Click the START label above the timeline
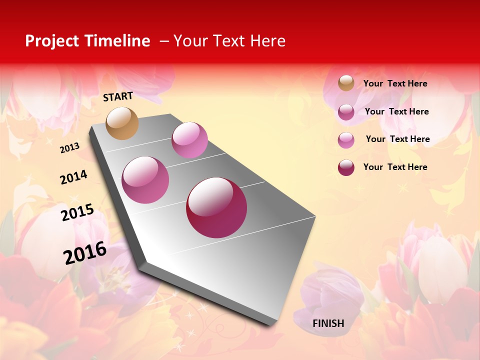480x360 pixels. (x=118, y=96)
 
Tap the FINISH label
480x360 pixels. (x=328, y=323)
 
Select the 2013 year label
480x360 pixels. (x=69, y=148)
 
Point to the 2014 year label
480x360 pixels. (x=73, y=177)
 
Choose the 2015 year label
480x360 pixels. (x=77, y=212)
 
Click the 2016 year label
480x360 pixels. (x=85, y=252)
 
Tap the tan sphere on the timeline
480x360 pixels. (x=122, y=123)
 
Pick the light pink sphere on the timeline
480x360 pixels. (x=189, y=140)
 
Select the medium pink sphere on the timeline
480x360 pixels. (x=145, y=180)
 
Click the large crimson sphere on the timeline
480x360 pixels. (x=216, y=207)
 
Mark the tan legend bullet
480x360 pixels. (x=346, y=83)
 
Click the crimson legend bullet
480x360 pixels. (x=346, y=167)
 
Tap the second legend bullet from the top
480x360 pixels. (x=346, y=112)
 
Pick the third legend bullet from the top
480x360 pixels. (x=346, y=140)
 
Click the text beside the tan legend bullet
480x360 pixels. (x=395, y=84)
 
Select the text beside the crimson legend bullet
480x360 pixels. (x=395, y=167)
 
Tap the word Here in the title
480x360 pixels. (x=267, y=41)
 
